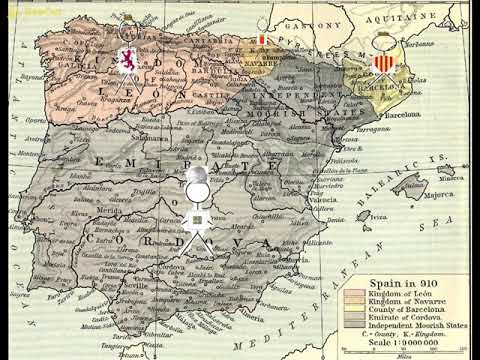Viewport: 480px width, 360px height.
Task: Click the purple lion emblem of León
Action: click(129, 62)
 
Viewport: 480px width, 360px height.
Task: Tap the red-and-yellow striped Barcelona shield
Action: click(384, 65)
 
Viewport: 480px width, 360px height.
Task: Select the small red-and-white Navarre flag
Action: click(261, 41)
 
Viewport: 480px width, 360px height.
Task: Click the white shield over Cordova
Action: click(198, 219)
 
